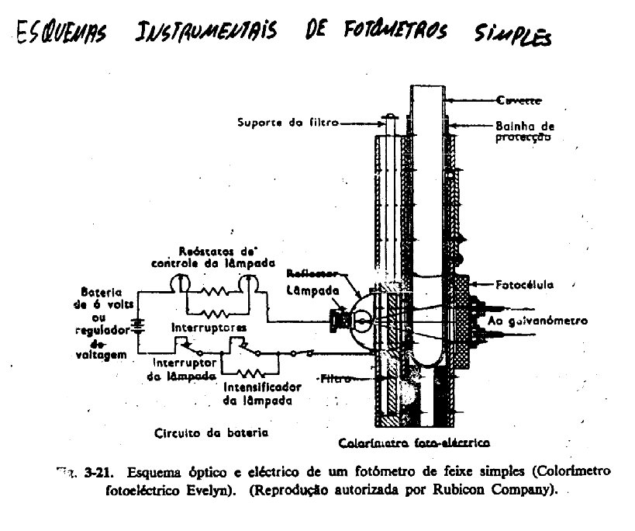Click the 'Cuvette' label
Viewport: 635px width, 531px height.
(519, 100)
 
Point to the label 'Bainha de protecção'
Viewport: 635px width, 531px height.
(523, 131)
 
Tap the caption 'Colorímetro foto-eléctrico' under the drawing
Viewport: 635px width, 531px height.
(416, 443)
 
